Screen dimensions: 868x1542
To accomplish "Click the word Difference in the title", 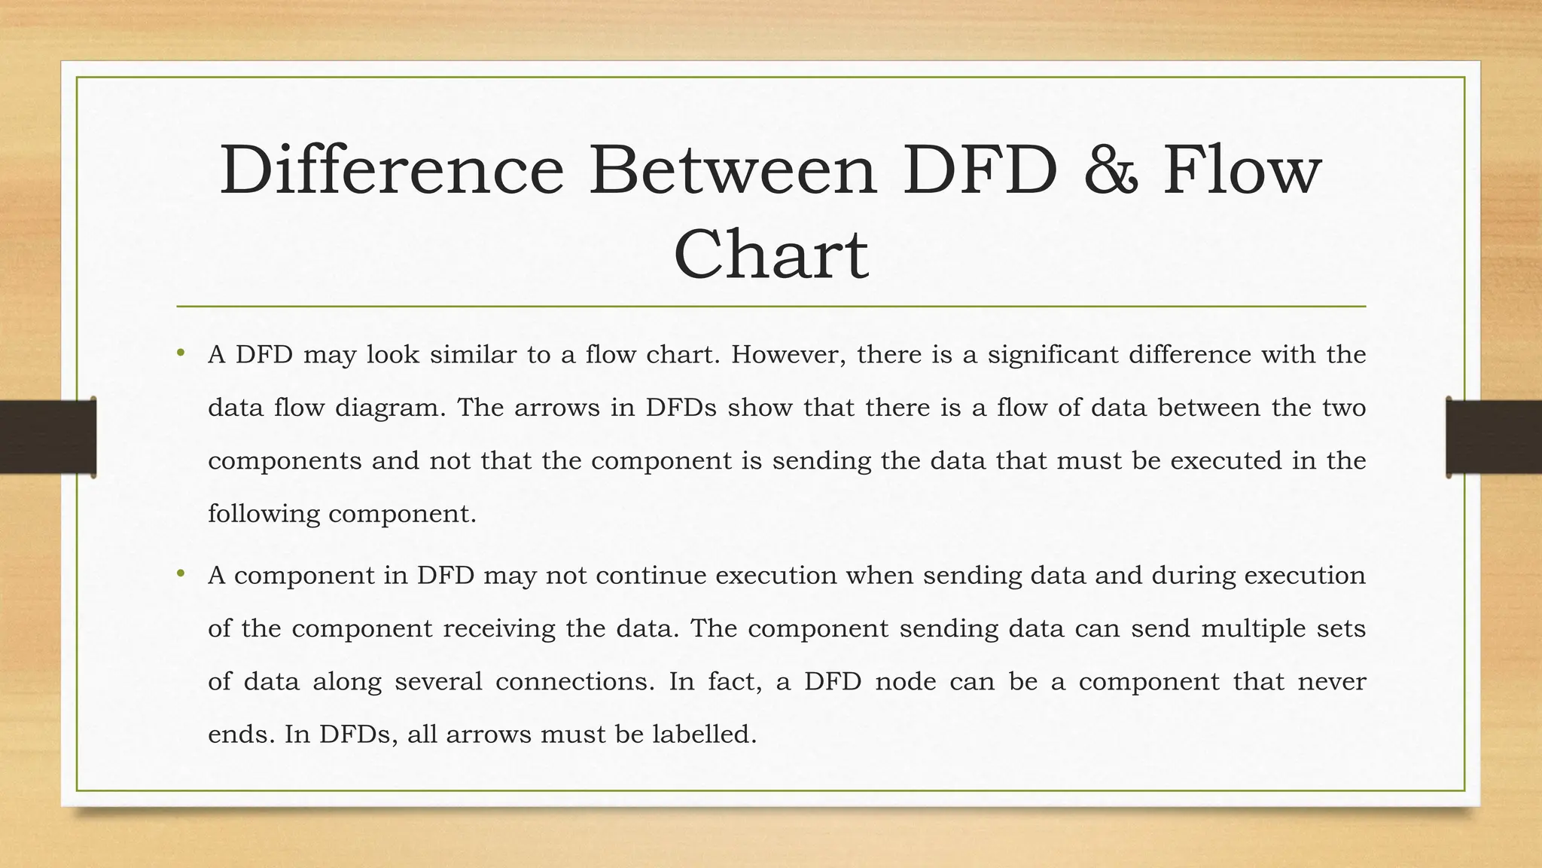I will coord(392,170).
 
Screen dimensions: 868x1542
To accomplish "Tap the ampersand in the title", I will coord(1109,170).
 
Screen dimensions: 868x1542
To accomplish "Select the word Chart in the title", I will coord(770,255).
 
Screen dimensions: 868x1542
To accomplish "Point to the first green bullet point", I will coord(181,353).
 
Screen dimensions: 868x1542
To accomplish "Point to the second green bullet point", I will coord(181,574).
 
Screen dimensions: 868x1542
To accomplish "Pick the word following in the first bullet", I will coord(264,515).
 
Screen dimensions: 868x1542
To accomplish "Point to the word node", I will coord(907,681).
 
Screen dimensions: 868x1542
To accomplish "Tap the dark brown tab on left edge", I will coord(47,437).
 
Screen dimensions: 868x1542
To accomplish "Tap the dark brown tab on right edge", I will coord(1494,437).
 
